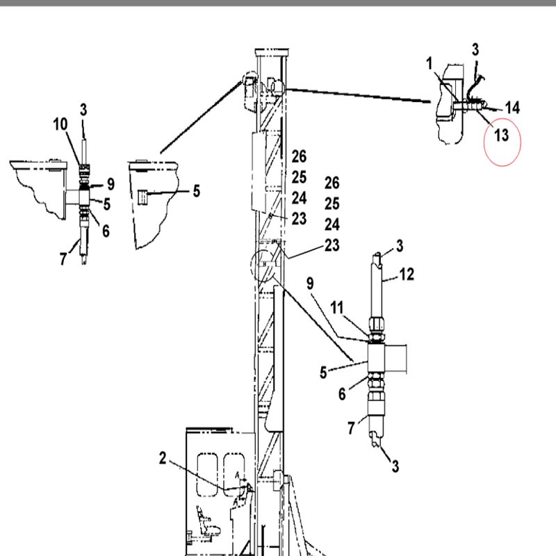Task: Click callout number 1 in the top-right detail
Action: (430, 64)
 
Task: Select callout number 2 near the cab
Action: (163, 458)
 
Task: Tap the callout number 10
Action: (60, 124)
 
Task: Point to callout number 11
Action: (337, 307)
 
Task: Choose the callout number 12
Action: (407, 274)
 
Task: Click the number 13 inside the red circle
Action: (501, 135)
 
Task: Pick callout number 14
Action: (512, 108)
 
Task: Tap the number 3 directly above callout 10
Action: (83, 110)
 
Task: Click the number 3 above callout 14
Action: (475, 49)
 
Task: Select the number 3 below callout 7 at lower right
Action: (395, 466)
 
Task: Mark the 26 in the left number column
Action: (299, 156)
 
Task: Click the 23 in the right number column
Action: (332, 245)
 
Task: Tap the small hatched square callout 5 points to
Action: (142, 197)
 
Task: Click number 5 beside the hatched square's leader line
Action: (197, 190)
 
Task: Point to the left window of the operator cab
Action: (207, 475)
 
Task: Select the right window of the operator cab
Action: (234, 475)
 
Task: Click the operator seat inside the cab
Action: (207, 521)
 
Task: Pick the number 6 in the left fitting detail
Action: (106, 231)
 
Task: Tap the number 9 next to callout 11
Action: (310, 284)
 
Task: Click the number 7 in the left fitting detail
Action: (63, 259)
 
